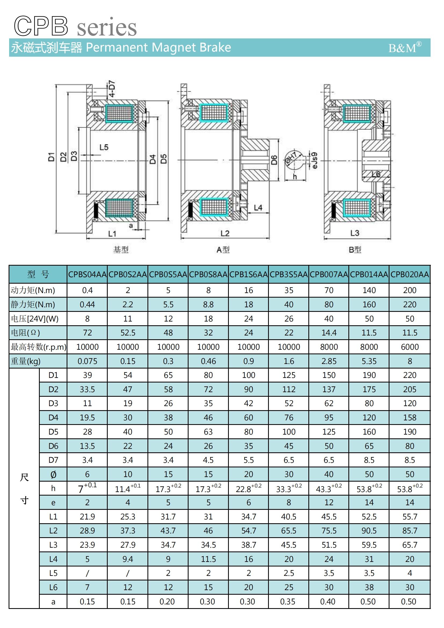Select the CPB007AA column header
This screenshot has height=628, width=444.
[x=329, y=274]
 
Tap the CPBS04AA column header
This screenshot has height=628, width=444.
[x=87, y=274]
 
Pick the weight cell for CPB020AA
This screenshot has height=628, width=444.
[x=410, y=361]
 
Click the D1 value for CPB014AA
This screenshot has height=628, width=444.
[x=369, y=375]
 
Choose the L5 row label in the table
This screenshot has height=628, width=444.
[x=53, y=573]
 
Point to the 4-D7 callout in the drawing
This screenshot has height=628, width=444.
[x=112, y=89]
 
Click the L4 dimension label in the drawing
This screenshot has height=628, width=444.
[x=258, y=208]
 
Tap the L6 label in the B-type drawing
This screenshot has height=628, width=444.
[x=376, y=174]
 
